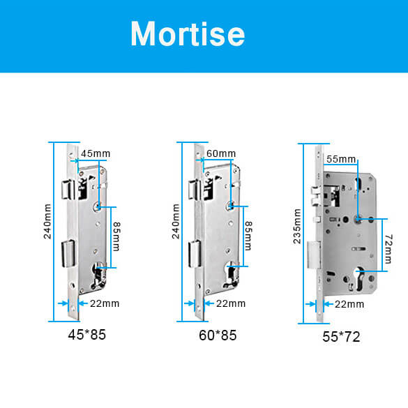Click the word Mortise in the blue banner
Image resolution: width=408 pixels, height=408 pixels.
[x=188, y=34]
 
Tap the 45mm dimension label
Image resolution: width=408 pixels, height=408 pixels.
[x=96, y=153]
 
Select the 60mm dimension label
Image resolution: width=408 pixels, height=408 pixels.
[x=221, y=153]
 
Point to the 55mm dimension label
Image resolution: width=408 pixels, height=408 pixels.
[x=341, y=159]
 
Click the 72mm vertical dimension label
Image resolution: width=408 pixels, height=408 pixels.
[x=388, y=249]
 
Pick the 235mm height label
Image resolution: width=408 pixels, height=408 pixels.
[x=297, y=226]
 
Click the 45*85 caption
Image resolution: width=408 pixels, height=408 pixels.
[x=87, y=335]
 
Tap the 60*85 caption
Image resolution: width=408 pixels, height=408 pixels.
[x=218, y=335]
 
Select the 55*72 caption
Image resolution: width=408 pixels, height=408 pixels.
[x=341, y=337]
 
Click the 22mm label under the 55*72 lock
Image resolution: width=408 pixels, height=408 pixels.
[x=349, y=304]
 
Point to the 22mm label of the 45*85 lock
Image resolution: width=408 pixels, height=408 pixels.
[x=105, y=303]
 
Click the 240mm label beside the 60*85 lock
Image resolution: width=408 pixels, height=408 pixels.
[x=176, y=221]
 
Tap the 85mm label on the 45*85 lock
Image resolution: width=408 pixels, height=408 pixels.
[x=116, y=236]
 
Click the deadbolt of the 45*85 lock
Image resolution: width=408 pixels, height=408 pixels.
[x=68, y=254]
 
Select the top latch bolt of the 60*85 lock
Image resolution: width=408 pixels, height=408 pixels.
[x=195, y=190]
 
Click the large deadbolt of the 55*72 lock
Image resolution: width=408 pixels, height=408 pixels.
[x=314, y=255]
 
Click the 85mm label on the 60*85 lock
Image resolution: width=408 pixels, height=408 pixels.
[x=248, y=236]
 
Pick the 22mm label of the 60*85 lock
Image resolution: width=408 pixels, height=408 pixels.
[x=231, y=303]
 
